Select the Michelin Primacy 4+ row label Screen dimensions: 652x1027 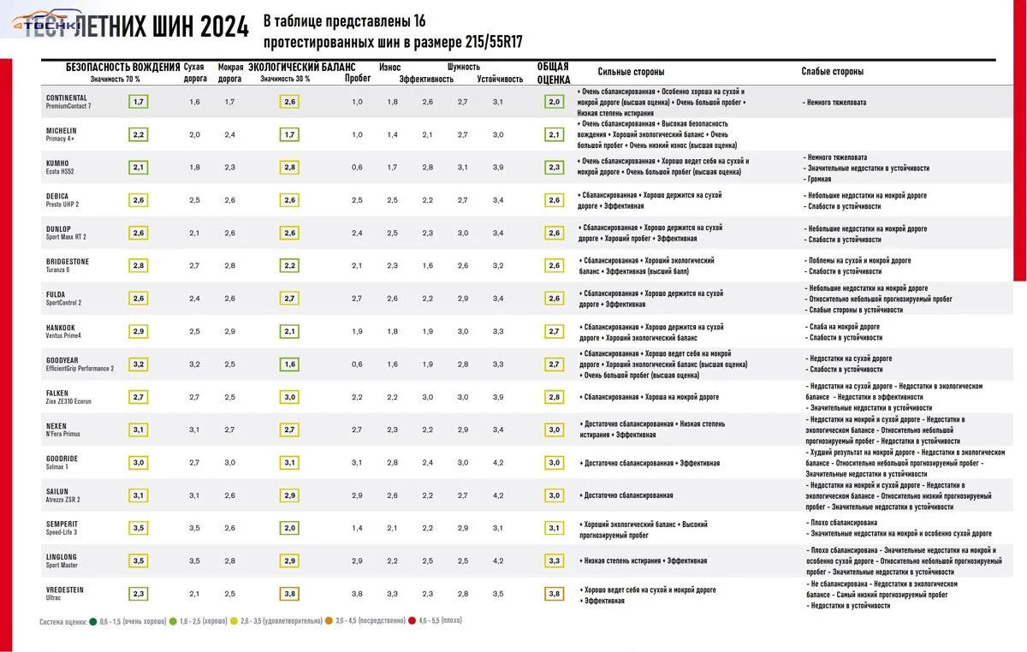(62, 134)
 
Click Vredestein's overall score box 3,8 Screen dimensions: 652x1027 (554, 594)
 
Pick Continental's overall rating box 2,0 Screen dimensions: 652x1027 (554, 102)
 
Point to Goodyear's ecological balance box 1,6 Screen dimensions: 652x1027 (289, 365)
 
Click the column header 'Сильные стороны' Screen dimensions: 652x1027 (631, 72)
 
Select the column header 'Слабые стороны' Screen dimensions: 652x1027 (832, 72)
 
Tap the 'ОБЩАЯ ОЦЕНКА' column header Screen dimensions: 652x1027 (554, 73)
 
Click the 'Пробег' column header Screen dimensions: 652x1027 (358, 78)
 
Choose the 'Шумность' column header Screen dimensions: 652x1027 (463, 67)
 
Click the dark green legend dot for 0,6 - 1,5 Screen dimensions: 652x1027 (92, 620)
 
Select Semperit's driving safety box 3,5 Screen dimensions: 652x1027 (139, 528)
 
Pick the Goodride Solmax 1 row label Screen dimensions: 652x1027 (62, 462)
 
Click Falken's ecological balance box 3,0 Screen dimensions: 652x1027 (289, 397)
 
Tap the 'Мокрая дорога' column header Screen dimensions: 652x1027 (230, 73)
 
